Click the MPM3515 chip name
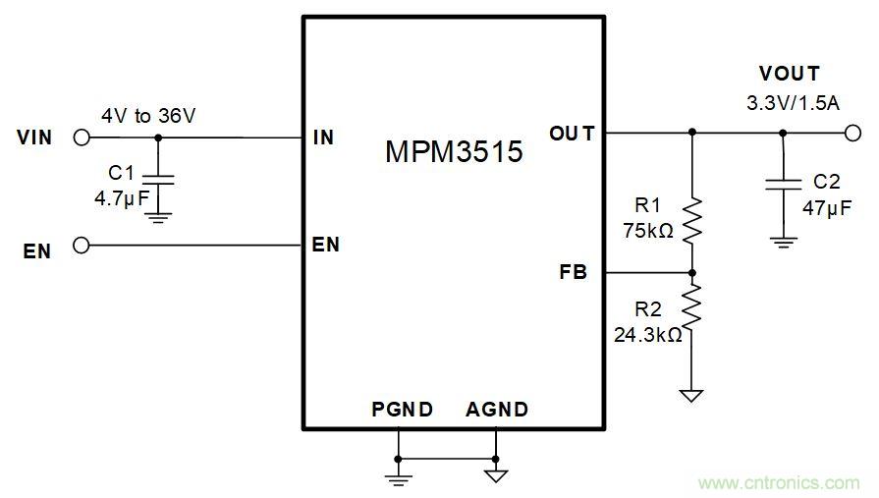[x=453, y=152]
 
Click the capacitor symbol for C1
[x=158, y=181]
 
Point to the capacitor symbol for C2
[x=783, y=184]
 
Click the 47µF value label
[x=826, y=207]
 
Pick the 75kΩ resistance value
[x=648, y=231]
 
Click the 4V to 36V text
[x=148, y=116]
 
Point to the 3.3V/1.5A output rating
[x=792, y=102]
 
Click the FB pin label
[x=573, y=272]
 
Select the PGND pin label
[x=402, y=410]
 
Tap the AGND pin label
[x=497, y=410]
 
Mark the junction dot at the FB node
[x=692, y=273]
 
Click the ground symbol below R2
[x=692, y=396]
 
